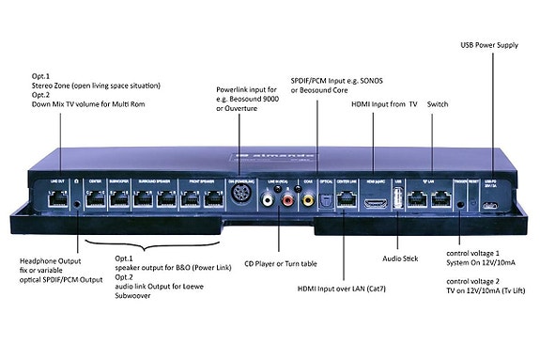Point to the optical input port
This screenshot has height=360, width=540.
(x=322, y=198)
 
